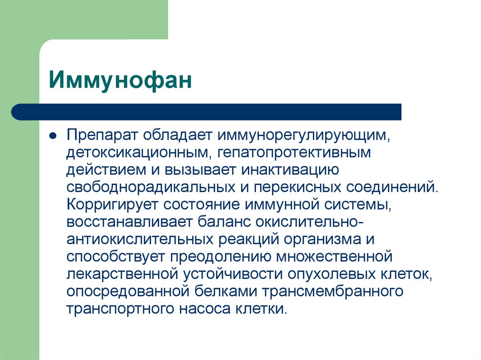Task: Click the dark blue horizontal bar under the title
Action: coord(207,112)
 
